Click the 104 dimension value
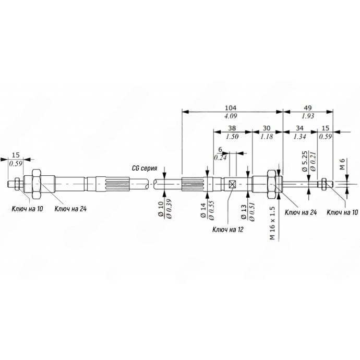coord(230,107)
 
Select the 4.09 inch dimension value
coord(231,116)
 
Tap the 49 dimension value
coord(308,107)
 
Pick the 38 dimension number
coord(232,128)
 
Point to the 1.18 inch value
coord(267,137)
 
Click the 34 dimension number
coord(299,128)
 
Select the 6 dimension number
coord(220,150)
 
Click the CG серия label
coord(145,169)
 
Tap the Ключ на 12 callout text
coord(228,230)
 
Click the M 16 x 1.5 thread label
coord(272,223)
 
